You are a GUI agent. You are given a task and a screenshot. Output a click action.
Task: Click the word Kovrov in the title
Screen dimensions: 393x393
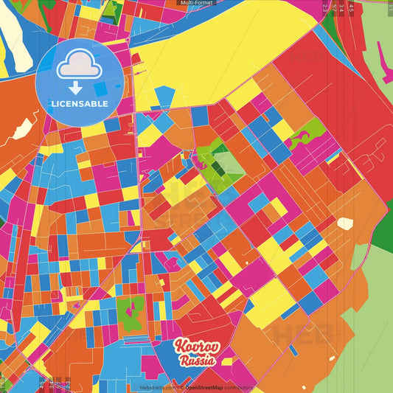pyautogui.click(x=195, y=347)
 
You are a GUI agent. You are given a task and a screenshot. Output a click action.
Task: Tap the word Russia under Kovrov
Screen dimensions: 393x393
pyautogui.click(x=197, y=361)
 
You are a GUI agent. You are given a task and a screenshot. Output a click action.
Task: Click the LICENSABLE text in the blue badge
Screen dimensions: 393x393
pyautogui.click(x=79, y=103)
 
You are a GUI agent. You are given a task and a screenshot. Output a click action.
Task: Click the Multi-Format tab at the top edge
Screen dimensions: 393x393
pyautogui.click(x=196, y=3)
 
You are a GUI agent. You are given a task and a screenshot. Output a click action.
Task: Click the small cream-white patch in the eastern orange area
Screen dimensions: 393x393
pyautogui.click(x=345, y=223)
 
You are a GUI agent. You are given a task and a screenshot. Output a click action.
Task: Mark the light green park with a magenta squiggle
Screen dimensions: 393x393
pyautogui.click(x=302, y=138)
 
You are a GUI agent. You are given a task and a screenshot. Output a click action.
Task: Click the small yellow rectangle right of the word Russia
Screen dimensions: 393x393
pyautogui.click(x=226, y=361)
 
